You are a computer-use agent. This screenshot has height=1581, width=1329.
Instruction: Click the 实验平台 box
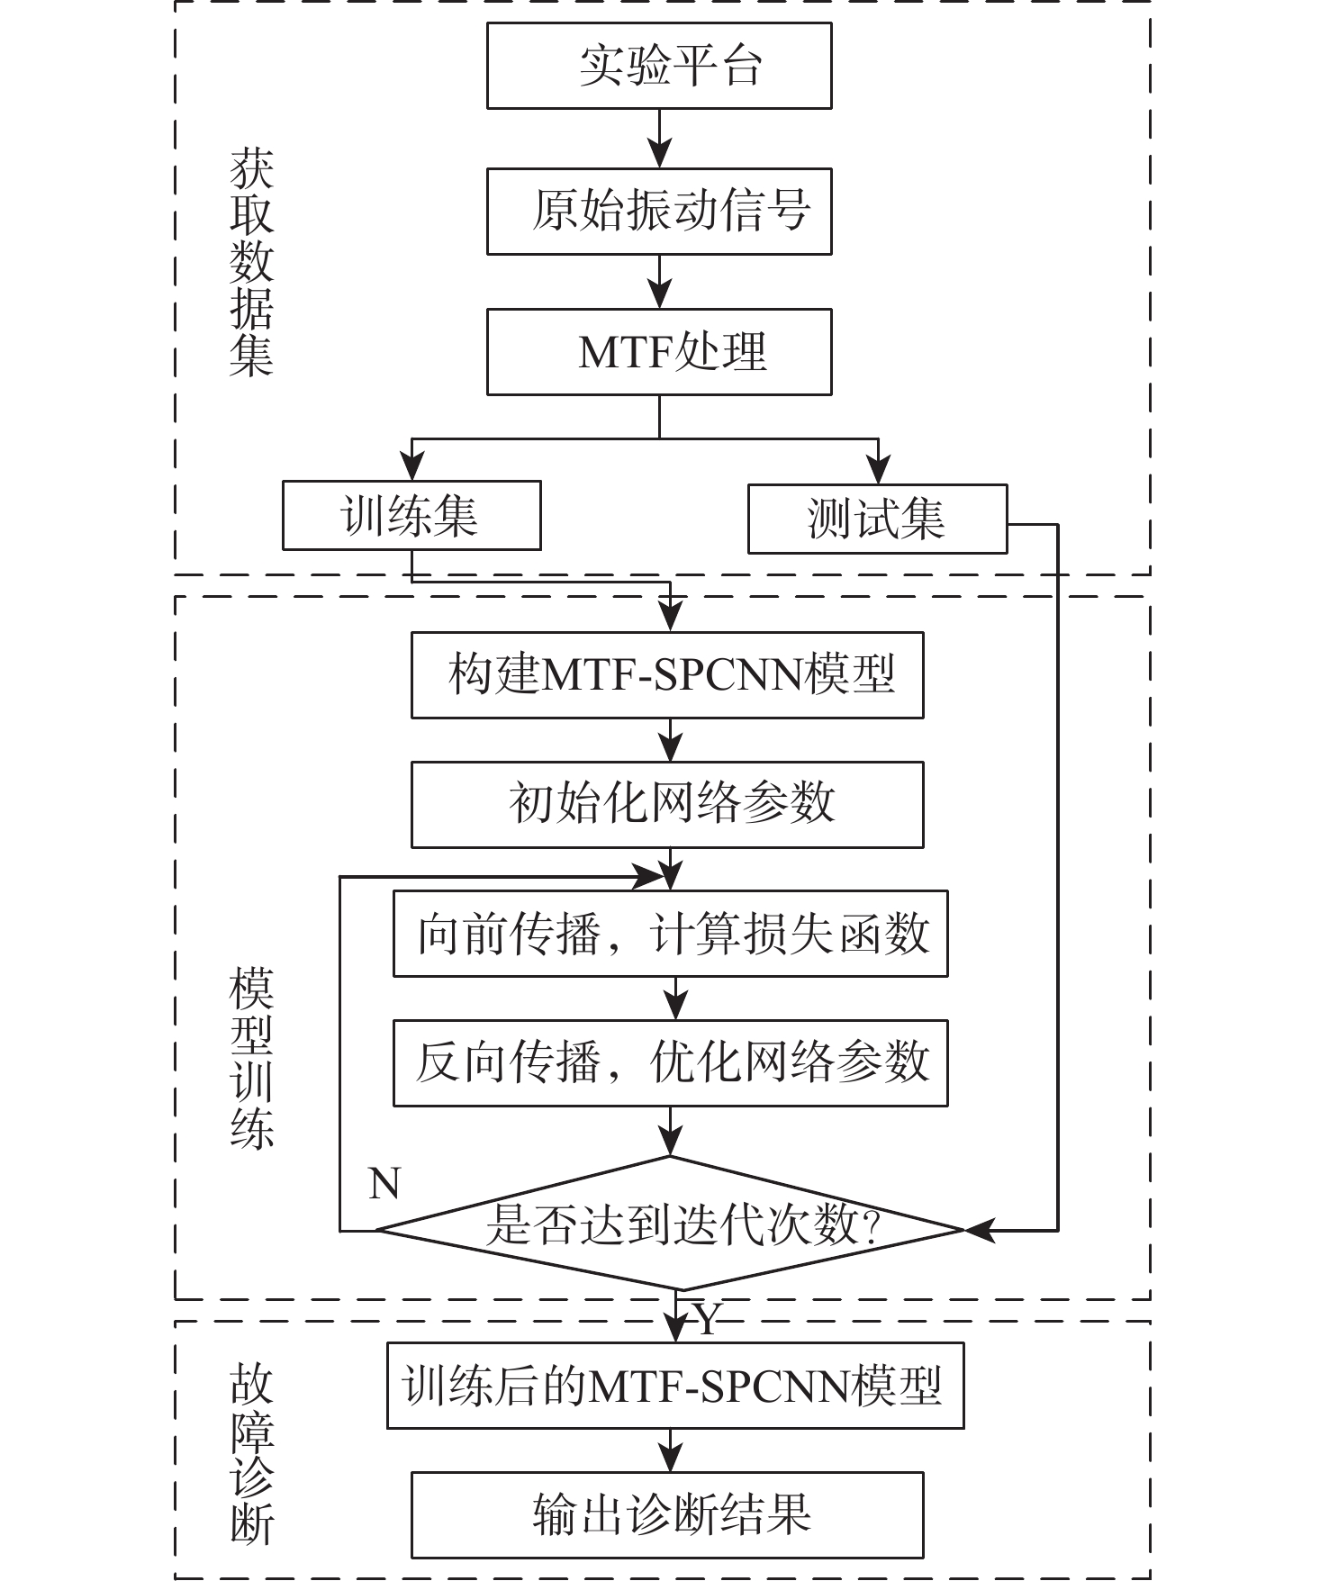coord(659,66)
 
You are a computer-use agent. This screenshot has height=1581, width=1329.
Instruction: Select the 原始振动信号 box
coord(659,211)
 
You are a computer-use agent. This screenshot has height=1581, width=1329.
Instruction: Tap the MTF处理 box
coord(659,352)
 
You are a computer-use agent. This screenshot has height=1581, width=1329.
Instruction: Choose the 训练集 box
coord(411,515)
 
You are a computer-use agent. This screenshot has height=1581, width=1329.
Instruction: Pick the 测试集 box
coord(877,519)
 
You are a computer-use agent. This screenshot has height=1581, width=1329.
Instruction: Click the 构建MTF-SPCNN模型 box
coord(667,675)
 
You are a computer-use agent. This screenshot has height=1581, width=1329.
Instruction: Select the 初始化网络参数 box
coord(667,804)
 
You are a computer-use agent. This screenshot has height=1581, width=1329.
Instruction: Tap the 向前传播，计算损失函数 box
coord(670,934)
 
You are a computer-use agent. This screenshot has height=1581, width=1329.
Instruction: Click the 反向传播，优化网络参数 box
coord(670,1062)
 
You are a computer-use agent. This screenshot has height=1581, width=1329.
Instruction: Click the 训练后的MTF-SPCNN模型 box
coord(675,1386)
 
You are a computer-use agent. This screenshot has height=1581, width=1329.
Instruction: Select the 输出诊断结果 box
coord(667,1514)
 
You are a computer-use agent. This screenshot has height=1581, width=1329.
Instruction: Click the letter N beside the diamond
coord(384,1183)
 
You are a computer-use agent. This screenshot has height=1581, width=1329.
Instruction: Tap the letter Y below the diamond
coord(707,1320)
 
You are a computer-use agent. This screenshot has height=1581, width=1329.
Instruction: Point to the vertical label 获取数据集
coord(251,261)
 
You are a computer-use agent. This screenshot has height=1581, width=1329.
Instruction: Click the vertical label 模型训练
coord(251,1059)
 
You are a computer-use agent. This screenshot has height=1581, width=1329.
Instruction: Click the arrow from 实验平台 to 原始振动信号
coord(660,140)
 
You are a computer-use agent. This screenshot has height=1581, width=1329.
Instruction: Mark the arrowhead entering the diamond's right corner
coord(980,1229)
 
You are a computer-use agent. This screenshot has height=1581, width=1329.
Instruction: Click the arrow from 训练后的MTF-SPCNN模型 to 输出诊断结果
coord(671,1450)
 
